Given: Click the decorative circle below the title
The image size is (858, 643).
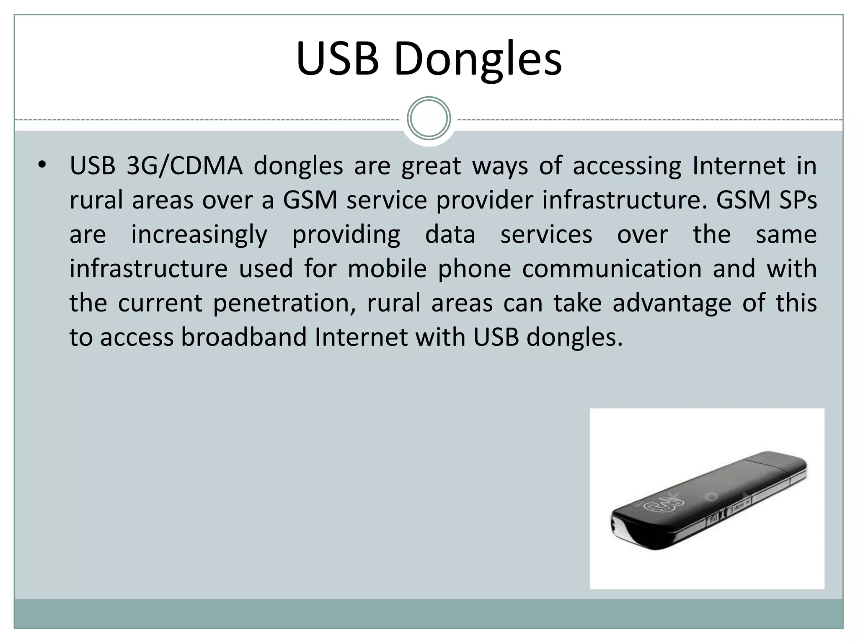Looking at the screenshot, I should pyautogui.click(x=429, y=118).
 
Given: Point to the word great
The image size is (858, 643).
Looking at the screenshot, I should pyautogui.click(x=431, y=166).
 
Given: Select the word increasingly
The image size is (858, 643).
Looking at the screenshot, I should pyautogui.click(x=199, y=234).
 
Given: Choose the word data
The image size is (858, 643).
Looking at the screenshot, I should pyautogui.click(x=450, y=234).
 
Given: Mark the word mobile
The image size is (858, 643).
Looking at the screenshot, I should pyautogui.click(x=387, y=269).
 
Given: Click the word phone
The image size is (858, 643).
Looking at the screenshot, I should pyautogui.click(x=474, y=269).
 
